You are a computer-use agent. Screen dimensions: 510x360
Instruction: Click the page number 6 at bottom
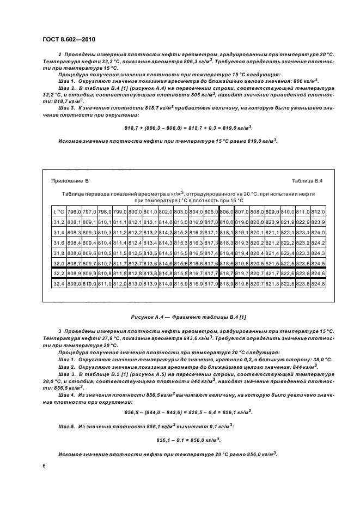[43, 466]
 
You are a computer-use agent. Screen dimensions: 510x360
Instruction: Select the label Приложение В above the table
[70, 180]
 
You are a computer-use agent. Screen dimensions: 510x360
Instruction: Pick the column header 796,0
[75, 211]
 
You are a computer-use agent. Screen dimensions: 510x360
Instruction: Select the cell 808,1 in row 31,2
[75, 222]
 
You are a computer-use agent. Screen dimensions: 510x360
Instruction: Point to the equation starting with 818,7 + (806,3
[189, 128]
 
